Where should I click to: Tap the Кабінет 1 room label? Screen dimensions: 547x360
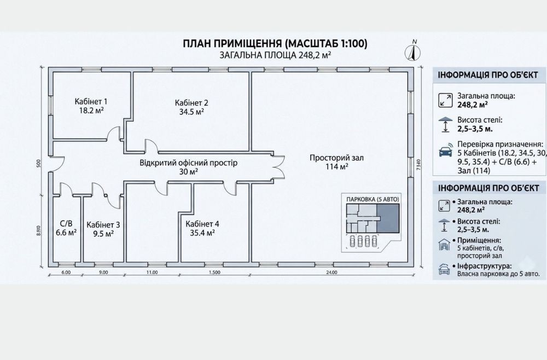[x=91, y=102]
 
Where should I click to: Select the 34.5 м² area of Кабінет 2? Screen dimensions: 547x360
[x=189, y=112]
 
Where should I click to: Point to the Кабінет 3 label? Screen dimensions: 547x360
[x=103, y=225]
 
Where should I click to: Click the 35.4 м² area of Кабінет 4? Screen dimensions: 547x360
[x=202, y=233]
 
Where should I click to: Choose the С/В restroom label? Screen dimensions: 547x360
[x=66, y=224]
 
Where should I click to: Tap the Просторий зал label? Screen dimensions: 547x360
[x=336, y=158]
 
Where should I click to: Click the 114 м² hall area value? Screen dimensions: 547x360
[x=336, y=167]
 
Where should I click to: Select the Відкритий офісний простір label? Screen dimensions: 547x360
[x=188, y=163]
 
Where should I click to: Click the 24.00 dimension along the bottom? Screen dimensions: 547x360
[x=332, y=272]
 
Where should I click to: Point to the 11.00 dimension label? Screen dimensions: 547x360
[x=152, y=272]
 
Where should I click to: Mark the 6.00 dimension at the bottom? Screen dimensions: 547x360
[x=66, y=272]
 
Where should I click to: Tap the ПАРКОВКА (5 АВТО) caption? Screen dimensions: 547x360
[x=373, y=199]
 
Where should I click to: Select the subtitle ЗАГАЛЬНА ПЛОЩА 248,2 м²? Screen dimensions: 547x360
[x=275, y=55]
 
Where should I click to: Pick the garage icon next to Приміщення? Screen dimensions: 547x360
[x=444, y=245]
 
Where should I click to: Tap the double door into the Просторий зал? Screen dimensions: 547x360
[x=279, y=167]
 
